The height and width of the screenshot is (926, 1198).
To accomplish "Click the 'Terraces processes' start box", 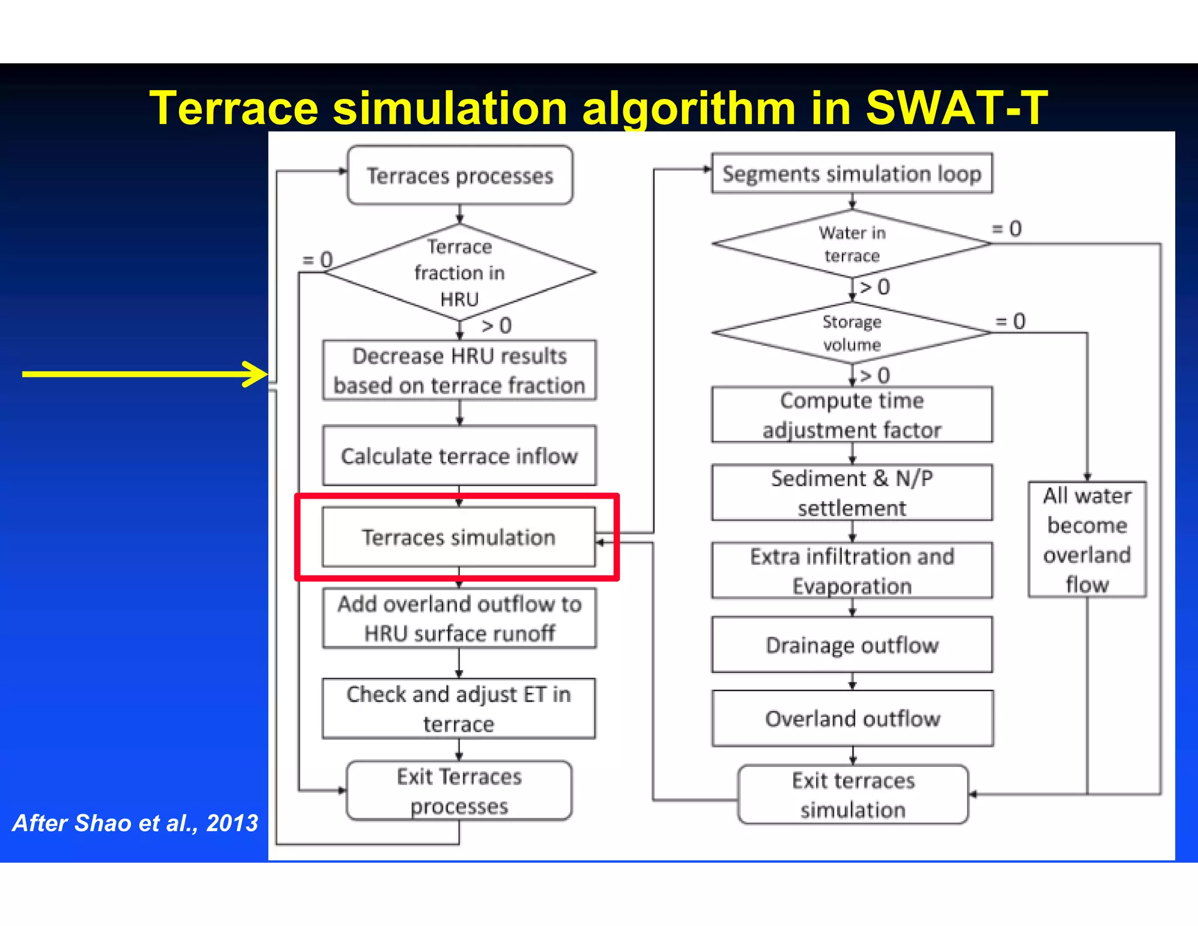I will click(x=460, y=176).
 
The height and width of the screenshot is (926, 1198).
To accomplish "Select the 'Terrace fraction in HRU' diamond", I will click(x=460, y=273).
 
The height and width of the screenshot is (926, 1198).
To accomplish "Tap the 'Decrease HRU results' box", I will click(x=460, y=371).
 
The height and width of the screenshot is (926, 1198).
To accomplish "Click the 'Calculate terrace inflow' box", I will click(x=460, y=456).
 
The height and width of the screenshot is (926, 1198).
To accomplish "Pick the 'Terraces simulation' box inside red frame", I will click(x=459, y=537).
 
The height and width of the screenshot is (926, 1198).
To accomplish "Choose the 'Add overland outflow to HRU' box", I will click(x=460, y=618).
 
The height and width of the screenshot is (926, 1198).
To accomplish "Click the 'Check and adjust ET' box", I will click(x=459, y=709).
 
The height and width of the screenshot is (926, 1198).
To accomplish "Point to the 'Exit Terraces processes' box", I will click(x=459, y=791).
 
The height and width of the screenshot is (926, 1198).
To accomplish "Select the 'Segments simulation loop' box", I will click(x=852, y=174).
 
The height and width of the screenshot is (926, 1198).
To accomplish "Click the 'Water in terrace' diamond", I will click(x=852, y=244).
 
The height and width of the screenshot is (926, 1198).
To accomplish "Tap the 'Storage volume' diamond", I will click(x=852, y=333).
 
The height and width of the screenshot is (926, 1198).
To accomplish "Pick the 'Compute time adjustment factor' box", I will click(x=852, y=415).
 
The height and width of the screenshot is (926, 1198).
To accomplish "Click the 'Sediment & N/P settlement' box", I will click(x=852, y=493).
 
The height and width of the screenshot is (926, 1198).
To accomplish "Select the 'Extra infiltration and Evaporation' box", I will click(x=852, y=571).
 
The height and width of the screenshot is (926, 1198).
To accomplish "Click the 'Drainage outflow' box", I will click(x=852, y=645).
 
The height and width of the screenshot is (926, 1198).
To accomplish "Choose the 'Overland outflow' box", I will click(x=852, y=718).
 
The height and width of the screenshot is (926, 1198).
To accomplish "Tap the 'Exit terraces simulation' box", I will click(x=853, y=795).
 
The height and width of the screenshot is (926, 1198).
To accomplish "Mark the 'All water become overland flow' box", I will click(x=1087, y=540).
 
